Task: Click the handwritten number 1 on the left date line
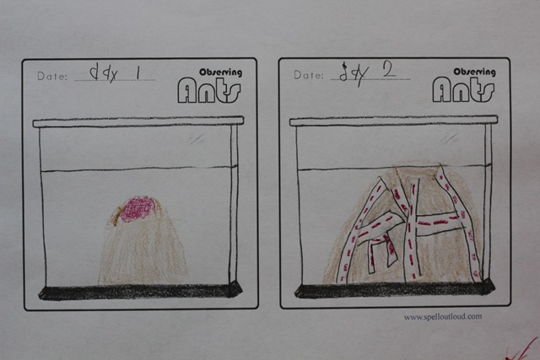coord(138,73)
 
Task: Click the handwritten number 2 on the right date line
coord(389,70)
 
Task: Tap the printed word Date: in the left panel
coord(52,76)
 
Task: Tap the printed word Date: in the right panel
coord(309,75)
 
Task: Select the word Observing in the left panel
coord(221,73)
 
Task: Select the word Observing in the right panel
coord(474,72)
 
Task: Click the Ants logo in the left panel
coord(209,90)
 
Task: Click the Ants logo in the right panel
coord(463,89)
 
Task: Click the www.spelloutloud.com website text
coord(443,317)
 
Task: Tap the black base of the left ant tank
coord(141,292)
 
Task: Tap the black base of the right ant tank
coord(395,290)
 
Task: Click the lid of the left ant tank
coord(138,122)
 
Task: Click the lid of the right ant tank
coord(394,121)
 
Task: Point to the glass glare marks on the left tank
coord(195,140)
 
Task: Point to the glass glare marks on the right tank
coord(450,139)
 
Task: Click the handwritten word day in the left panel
coord(104,74)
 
